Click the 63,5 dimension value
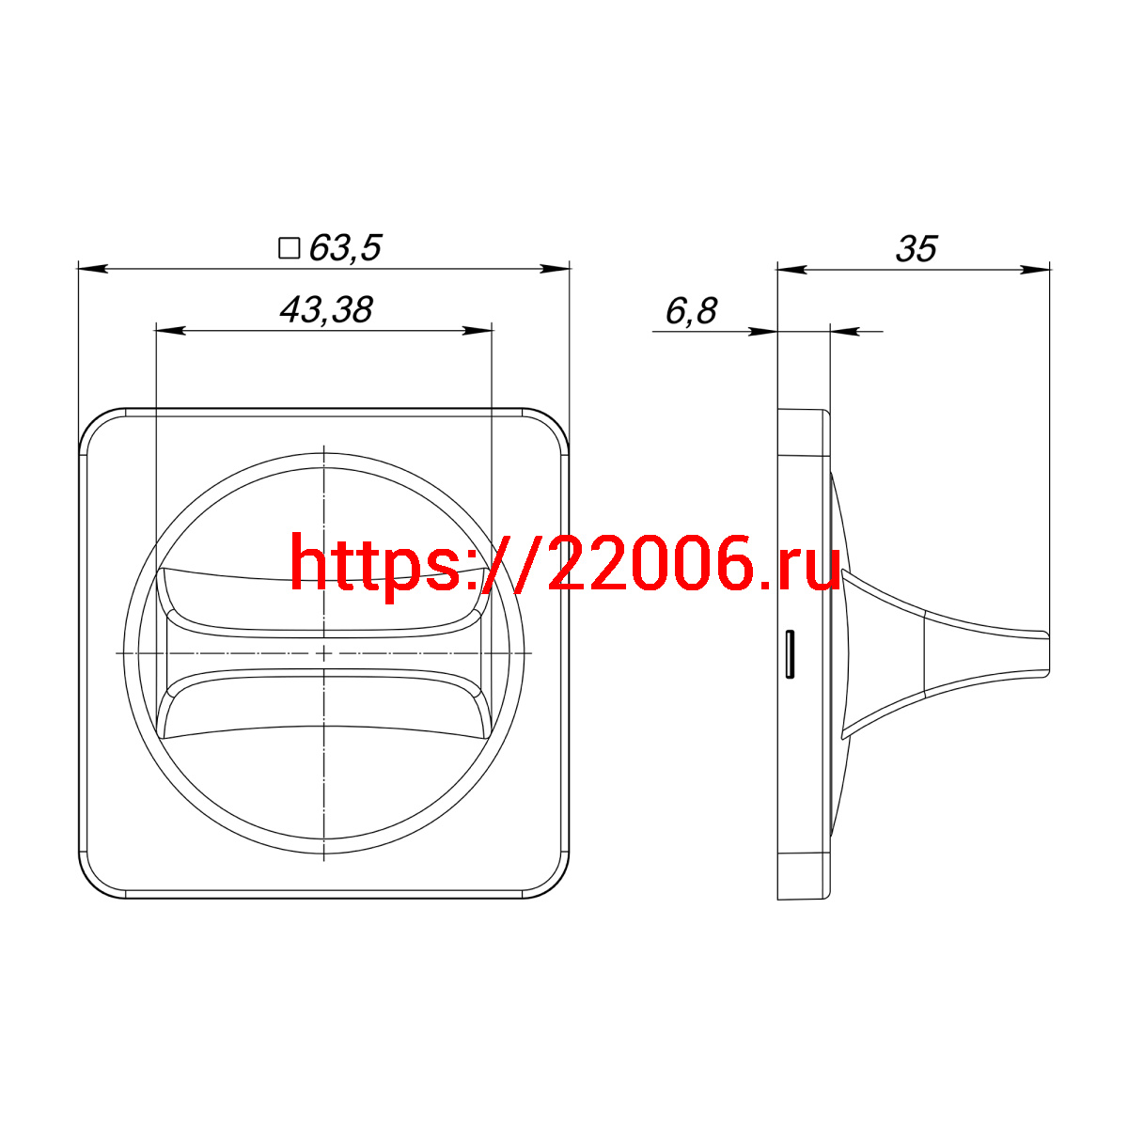tap(345, 248)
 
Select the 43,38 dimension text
tap(326, 309)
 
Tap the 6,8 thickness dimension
tap(691, 311)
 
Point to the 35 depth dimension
tap(916, 249)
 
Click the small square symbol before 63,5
tap(290, 247)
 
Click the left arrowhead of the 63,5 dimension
tap(92, 269)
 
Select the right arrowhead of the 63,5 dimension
tap(555, 269)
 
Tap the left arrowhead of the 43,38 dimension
tap(170, 331)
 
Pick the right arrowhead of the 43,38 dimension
tap(478, 331)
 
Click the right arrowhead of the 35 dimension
tap(1035, 270)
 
